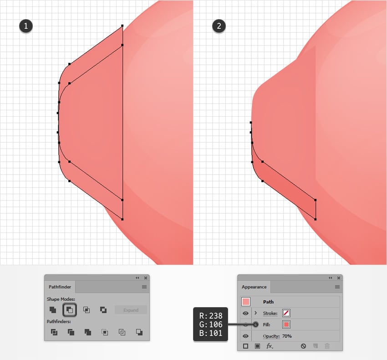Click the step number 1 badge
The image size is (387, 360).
[25, 26]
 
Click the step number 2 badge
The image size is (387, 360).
[219, 26]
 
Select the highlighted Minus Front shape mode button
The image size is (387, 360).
[70, 310]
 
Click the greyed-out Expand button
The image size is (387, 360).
[131, 310]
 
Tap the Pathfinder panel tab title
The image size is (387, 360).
[60, 287]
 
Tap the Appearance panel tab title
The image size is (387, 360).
[254, 287]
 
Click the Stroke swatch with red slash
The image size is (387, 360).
[286, 313]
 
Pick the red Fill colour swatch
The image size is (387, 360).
[286, 324]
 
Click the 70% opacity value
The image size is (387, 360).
[287, 336]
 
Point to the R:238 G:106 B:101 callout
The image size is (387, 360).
[210, 324]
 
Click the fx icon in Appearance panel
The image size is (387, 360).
[269, 346]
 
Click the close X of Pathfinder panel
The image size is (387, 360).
[146, 278]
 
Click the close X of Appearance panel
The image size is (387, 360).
[339, 278]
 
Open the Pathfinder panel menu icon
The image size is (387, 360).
[144, 287]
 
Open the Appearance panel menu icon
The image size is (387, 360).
[337, 287]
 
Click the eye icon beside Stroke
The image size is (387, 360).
[245, 314]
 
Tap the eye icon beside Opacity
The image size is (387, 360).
[245, 336]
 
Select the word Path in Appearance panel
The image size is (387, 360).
[268, 302]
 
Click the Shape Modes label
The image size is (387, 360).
[61, 299]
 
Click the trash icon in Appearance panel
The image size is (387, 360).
[327, 346]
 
